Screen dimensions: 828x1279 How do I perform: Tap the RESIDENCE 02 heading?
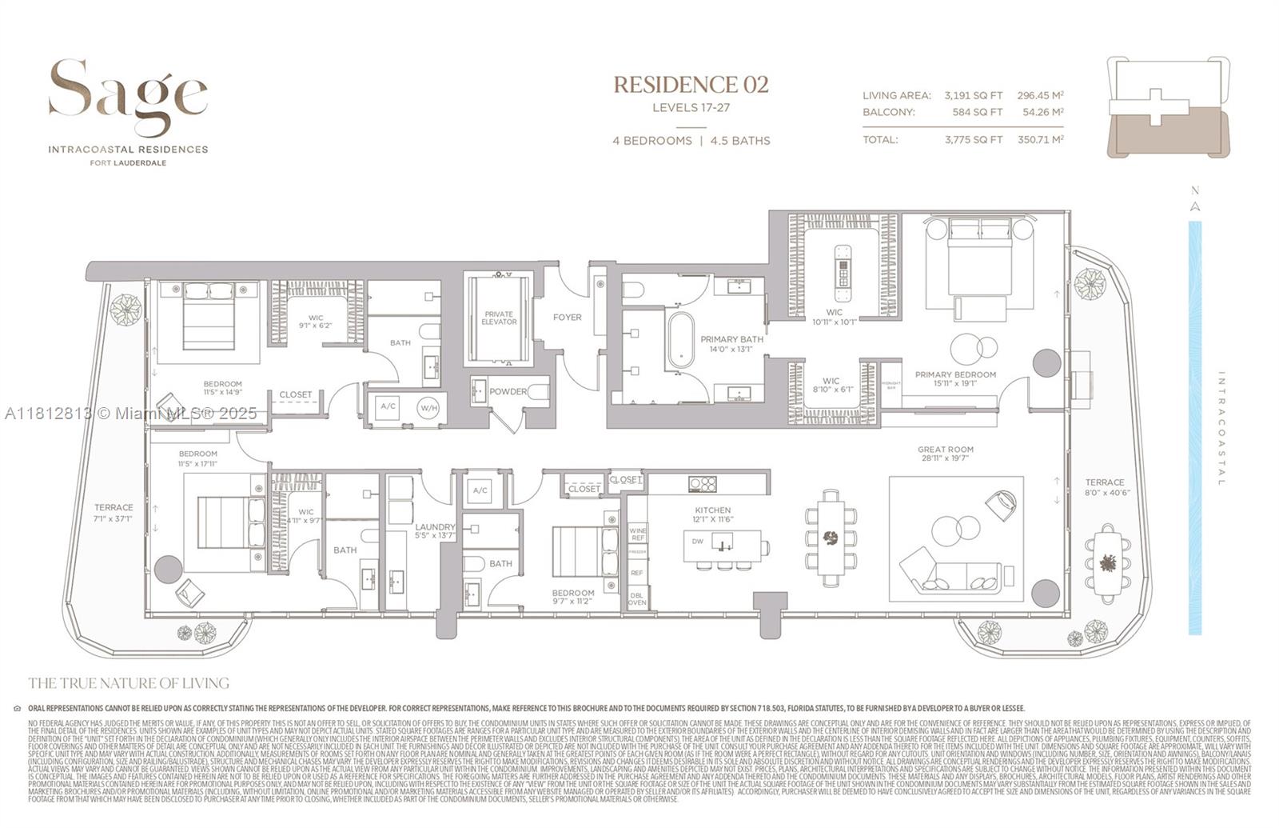point(691,85)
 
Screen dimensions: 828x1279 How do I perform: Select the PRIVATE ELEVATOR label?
point(499,318)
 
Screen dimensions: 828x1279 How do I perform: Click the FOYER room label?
point(568,318)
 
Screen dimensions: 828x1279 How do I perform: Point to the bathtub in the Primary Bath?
point(681,340)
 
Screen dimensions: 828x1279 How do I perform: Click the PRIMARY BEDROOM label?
point(955,374)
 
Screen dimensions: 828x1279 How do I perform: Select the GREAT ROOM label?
point(945,450)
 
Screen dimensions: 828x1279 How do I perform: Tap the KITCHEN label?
point(712,510)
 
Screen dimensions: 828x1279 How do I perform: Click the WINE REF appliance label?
point(637,534)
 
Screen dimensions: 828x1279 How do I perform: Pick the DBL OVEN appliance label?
point(637,598)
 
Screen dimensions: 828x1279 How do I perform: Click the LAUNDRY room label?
point(435,527)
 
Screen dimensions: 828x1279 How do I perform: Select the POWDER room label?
point(508,392)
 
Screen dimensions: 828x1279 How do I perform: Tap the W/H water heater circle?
point(429,408)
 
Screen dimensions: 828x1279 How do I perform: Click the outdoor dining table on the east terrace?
point(1108,563)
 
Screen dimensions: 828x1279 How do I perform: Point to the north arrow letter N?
point(1195,191)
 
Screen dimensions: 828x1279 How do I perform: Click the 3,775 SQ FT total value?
point(973,140)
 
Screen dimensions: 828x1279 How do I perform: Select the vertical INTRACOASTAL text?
point(1221,428)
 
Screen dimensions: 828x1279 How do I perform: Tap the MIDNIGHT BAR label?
point(891,385)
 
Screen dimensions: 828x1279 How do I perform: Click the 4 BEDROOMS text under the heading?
point(652,141)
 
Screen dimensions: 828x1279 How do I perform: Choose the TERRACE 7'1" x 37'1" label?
point(114,513)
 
